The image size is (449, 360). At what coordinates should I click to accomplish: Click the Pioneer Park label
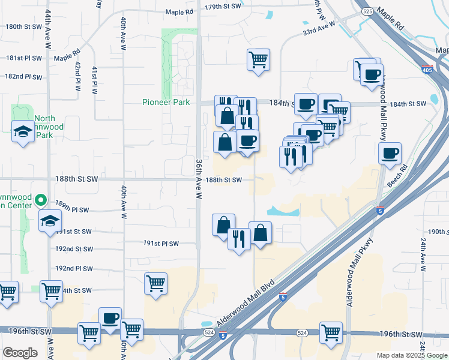(166, 102)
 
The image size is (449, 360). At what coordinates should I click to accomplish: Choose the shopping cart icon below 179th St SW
(258, 59)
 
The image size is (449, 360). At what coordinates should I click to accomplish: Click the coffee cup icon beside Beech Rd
(390, 153)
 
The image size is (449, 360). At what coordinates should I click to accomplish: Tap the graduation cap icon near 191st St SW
(50, 220)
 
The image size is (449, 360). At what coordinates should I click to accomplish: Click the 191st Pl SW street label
(161, 244)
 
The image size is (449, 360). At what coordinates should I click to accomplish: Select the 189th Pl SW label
(72, 210)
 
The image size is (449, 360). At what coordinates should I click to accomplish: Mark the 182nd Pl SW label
(23, 77)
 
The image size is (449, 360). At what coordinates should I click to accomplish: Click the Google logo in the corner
(20, 353)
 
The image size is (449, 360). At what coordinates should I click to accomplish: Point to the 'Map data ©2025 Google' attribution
(412, 355)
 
